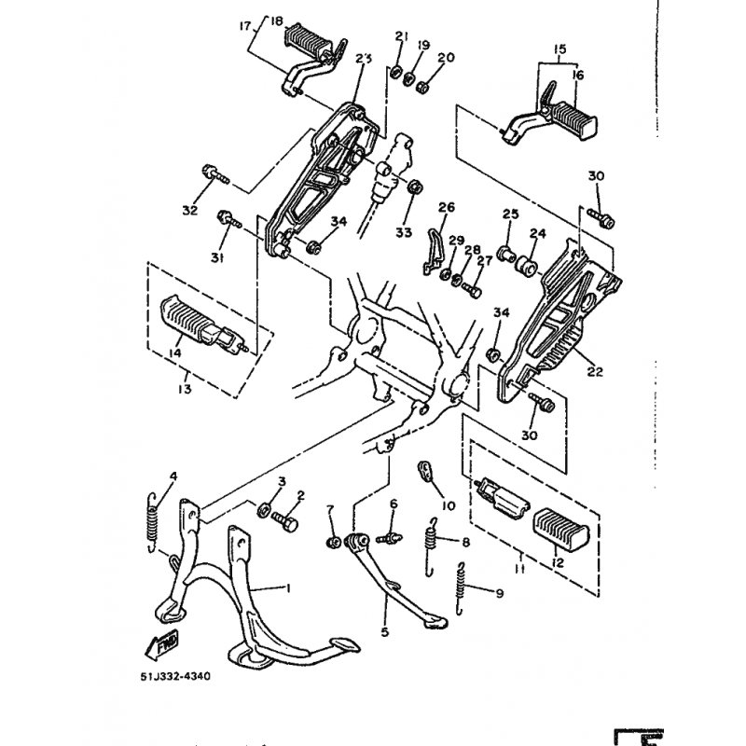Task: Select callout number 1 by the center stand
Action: point(288,589)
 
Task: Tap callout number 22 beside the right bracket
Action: point(595,371)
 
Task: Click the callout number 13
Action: point(185,388)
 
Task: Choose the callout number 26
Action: point(446,207)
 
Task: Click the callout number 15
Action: point(559,48)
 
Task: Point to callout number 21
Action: point(402,36)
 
